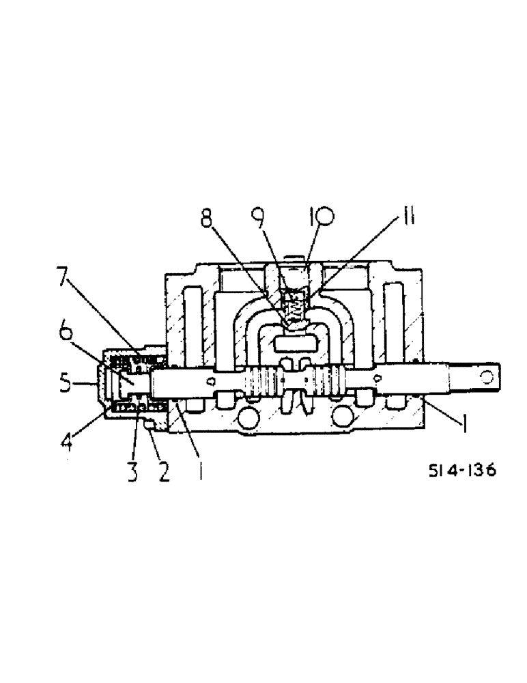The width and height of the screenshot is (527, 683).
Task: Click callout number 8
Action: click(x=206, y=221)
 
